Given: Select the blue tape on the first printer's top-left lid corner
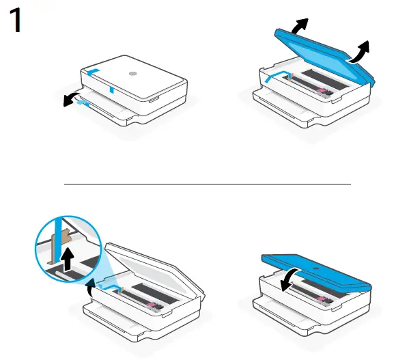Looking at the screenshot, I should [x=94, y=69].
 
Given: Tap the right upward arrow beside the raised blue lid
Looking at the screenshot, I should [x=360, y=51].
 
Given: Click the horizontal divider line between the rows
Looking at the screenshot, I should [x=207, y=184].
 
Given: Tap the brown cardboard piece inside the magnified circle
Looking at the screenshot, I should [x=64, y=239].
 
